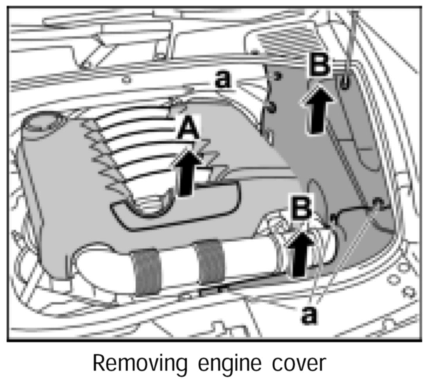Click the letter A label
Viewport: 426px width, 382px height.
tap(189, 129)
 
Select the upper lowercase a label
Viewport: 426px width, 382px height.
tap(223, 79)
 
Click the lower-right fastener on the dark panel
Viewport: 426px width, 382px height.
tap(377, 202)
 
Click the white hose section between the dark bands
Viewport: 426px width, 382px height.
tap(178, 266)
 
